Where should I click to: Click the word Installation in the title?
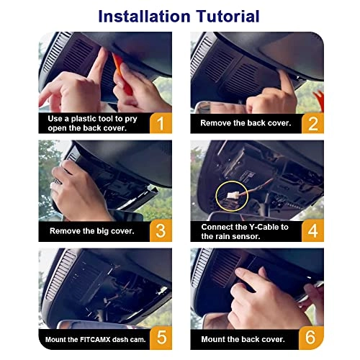click(145, 17)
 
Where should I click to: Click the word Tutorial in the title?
click(228, 17)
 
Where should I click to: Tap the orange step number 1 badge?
click(161, 123)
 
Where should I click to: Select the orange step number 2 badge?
click(312, 123)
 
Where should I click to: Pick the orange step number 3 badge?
click(161, 230)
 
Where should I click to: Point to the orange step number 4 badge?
click(312, 230)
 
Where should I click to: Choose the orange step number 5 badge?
click(161, 338)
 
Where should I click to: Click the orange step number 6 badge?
click(311, 338)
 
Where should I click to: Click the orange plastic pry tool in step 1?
click(122, 74)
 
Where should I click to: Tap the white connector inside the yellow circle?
click(233, 195)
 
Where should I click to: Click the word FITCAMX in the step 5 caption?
click(95, 340)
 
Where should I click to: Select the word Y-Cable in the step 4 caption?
click(259, 227)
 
